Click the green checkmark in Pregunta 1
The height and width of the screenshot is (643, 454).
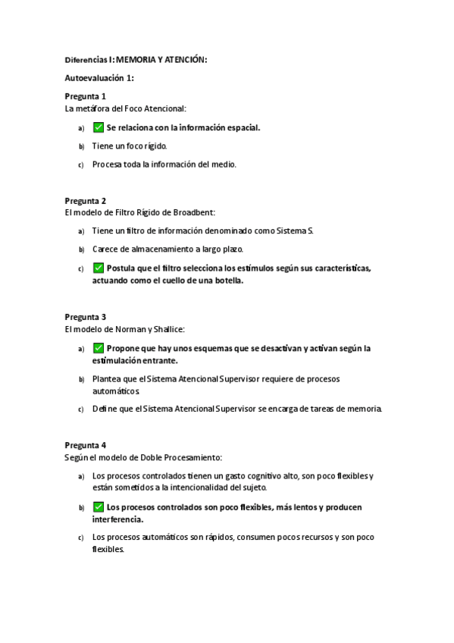98,127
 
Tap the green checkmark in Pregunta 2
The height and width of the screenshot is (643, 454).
98,268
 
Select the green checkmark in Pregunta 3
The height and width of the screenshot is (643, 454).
98,348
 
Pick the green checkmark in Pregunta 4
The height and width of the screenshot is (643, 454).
98,507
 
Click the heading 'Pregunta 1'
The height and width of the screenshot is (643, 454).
85,96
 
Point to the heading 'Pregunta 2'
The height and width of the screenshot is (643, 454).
85,201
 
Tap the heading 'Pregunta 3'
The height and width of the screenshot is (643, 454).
85,317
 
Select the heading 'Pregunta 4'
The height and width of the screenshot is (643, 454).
85,445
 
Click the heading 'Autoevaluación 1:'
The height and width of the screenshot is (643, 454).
99,78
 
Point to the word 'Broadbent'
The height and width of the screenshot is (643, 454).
196,213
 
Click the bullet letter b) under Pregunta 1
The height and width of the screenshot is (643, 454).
81,146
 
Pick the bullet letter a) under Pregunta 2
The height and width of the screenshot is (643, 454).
81,231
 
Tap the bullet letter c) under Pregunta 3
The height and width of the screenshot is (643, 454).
81,410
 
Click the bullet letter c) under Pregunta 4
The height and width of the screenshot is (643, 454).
81,538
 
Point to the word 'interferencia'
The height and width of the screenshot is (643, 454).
117,519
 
